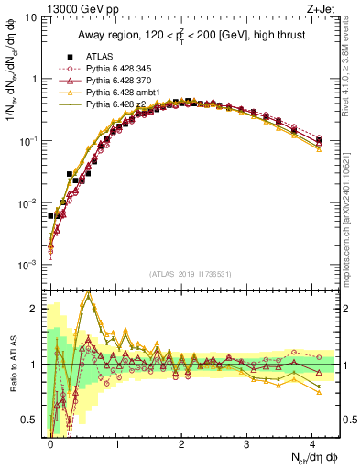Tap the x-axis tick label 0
[x=50, y=442]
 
